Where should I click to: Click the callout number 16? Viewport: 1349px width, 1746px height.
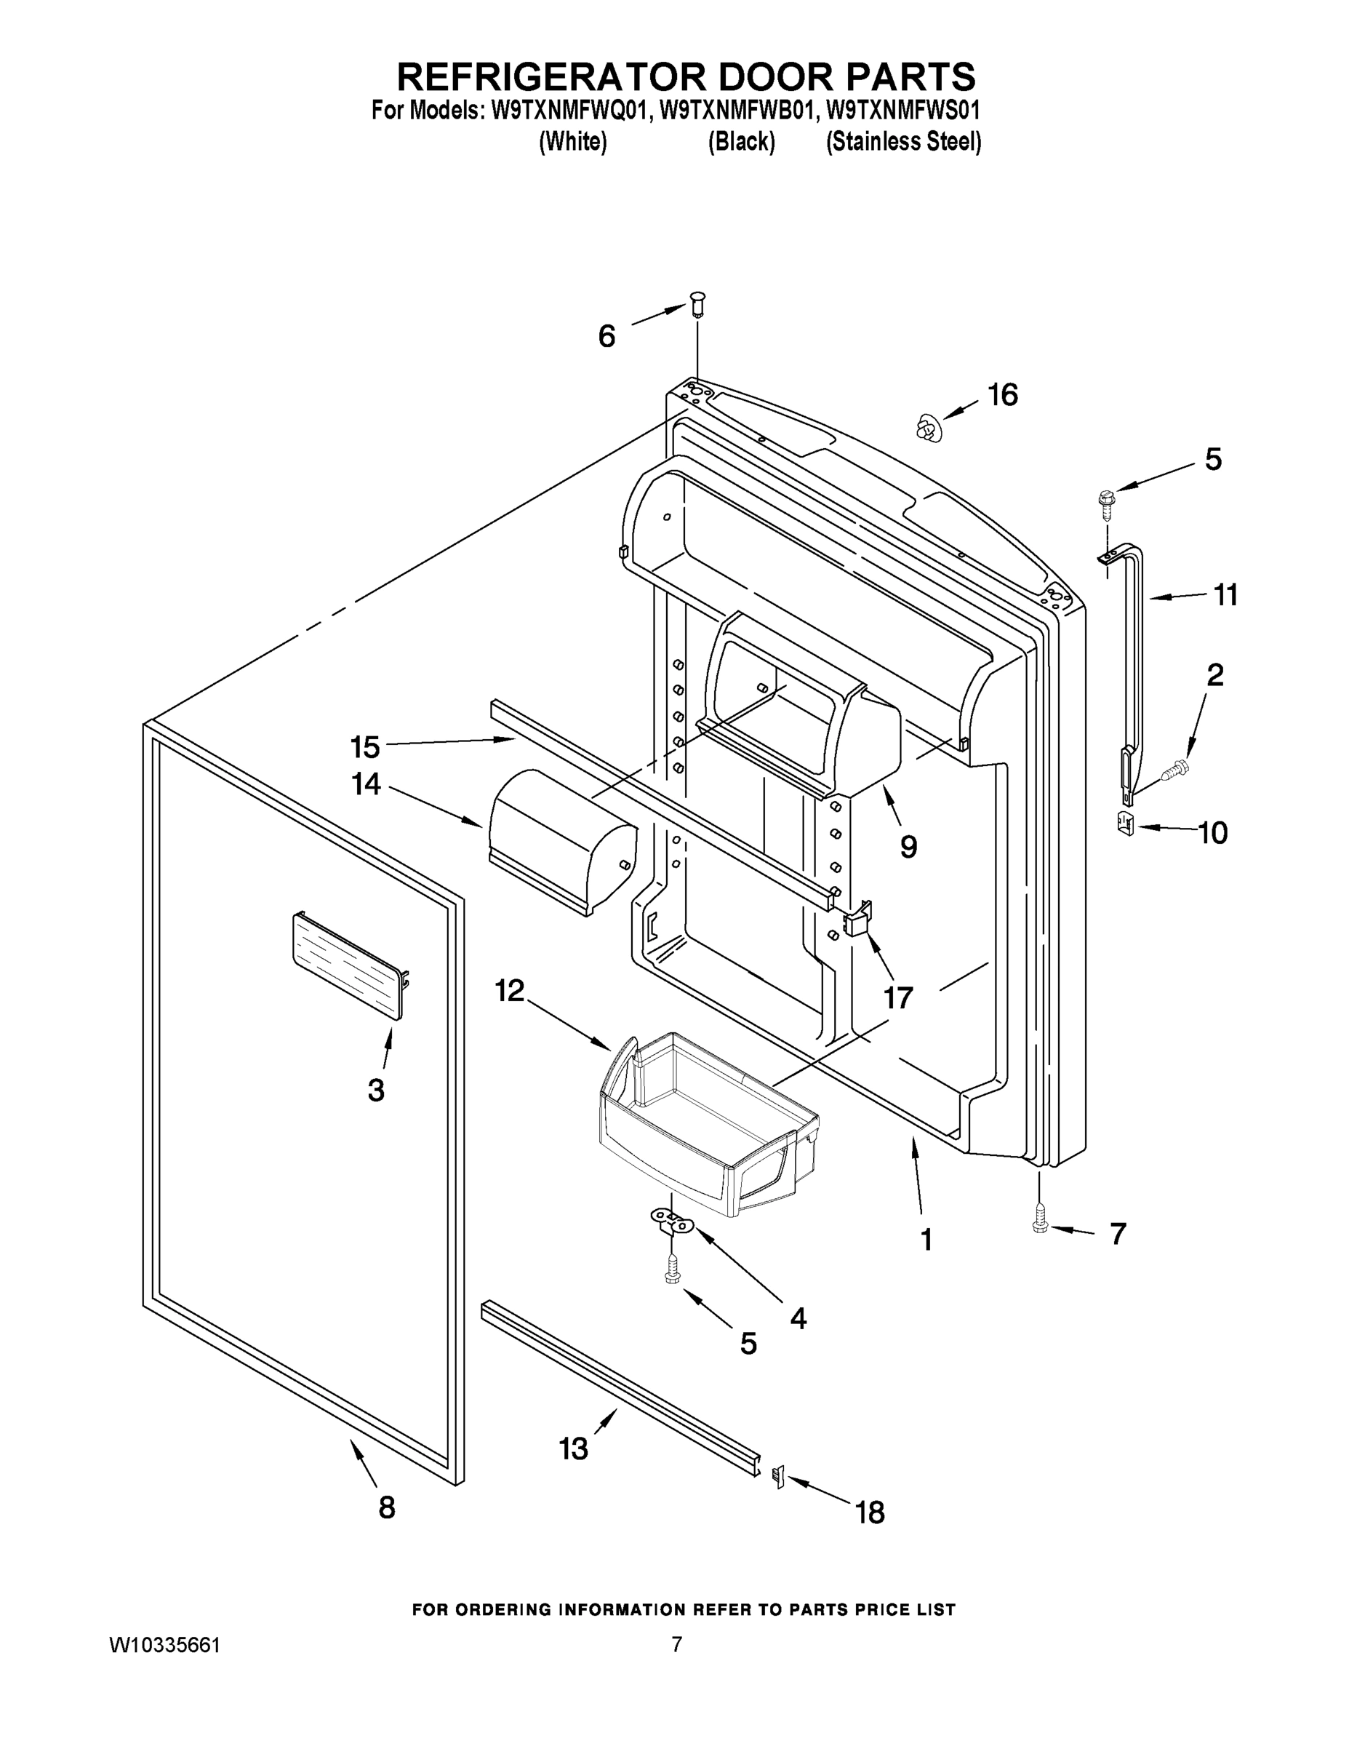coord(1003,395)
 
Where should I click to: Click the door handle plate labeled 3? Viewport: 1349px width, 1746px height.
coord(348,965)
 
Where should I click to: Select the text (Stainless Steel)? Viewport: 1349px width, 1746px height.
coord(903,143)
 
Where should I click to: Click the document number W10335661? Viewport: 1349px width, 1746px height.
coord(164,1646)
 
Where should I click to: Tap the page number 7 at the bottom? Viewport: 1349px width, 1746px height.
coord(676,1644)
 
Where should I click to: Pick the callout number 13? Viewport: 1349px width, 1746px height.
coord(573,1448)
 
